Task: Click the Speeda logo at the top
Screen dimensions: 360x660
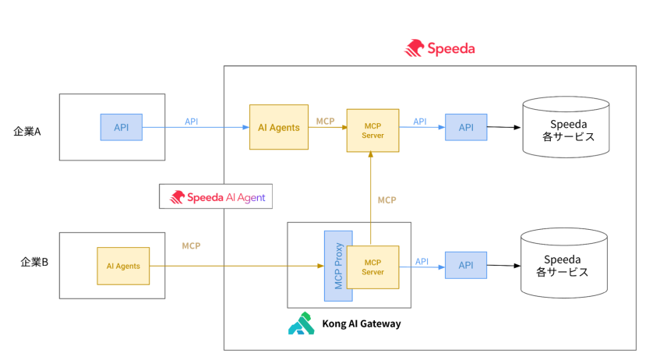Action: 439,48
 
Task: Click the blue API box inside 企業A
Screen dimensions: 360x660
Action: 122,127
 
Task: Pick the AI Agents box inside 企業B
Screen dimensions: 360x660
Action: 123,266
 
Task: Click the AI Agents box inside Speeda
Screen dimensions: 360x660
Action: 278,127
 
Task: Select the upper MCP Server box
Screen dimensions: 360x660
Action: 372,130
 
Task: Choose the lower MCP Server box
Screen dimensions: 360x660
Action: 372,266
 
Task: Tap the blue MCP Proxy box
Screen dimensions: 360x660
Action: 338,266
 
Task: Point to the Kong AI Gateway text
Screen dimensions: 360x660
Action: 362,323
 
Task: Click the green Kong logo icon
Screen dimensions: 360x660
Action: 301,323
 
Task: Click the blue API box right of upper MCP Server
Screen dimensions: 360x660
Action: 466,127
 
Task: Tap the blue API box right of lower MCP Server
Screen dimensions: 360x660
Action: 466,265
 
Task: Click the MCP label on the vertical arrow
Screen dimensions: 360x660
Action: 387,200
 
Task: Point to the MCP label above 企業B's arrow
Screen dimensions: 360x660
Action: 191,245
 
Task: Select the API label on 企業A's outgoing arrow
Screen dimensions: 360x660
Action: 192,121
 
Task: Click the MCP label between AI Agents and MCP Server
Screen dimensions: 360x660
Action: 326,121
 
